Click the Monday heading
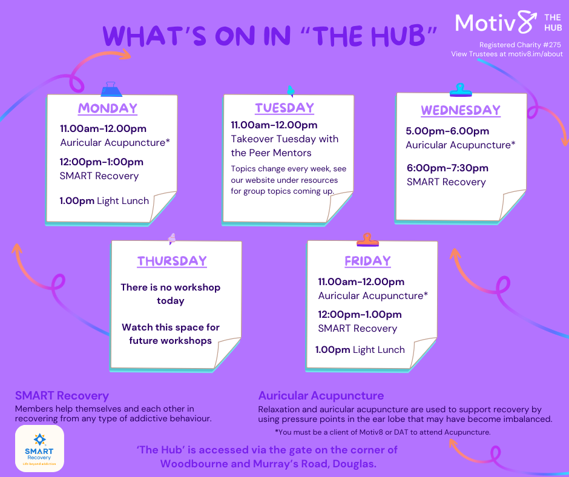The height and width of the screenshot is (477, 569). tap(108, 108)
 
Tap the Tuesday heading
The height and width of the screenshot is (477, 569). tap(284, 108)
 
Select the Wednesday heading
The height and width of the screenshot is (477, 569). tap(461, 110)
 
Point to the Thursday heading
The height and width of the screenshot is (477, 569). tap(172, 261)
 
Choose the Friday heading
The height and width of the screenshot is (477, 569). tap(367, 261)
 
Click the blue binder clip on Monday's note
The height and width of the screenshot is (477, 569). tap(111, 90)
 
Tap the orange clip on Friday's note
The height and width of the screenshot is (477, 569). tap(367, 240)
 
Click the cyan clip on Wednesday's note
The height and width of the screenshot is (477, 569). tap(461, 90)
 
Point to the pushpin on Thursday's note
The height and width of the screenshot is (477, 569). tap(172, 238)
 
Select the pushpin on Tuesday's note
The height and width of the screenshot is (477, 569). tap(291, 91)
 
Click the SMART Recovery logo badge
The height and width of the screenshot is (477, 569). tap(39, 449)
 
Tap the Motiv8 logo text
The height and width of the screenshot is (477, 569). tap(496, 22)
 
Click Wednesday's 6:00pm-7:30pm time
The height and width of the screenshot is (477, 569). tap(447, 168)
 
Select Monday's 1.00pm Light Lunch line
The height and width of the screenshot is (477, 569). tap(104, 201)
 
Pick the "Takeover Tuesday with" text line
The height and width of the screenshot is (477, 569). tap(284, 139)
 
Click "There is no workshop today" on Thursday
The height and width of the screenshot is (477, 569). tap(171, 294)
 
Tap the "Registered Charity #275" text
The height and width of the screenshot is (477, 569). tap(520, 45)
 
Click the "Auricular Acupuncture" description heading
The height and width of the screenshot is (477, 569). tap(321, 395)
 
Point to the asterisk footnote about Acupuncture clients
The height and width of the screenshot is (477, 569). tap(383, 432)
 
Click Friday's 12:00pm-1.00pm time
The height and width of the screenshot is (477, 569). tap(360, 315)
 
